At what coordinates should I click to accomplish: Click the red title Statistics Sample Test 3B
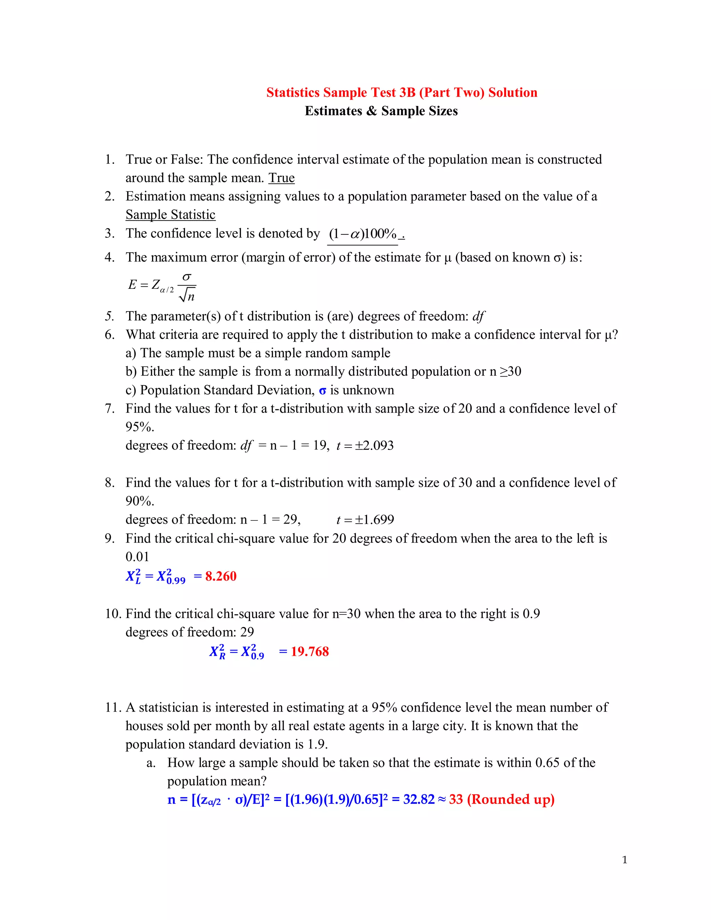point(401,92)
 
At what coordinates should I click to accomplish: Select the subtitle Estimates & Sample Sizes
point(381,111)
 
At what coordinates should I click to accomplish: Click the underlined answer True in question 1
point(281,178)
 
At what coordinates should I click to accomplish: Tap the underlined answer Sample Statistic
point(170,215)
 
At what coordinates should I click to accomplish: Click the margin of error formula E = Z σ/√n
point(162,286)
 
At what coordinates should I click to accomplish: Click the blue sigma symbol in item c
point(322,391)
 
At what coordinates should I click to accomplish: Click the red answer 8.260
point(221,576)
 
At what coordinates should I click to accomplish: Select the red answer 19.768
point(310,651)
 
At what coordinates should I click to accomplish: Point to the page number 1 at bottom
point(624,860)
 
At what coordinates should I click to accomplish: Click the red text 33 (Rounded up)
point(501,799)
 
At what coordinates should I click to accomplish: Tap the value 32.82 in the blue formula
point(418,799)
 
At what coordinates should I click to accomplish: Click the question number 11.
point(112,707)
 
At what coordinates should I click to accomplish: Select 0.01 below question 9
point(137,557)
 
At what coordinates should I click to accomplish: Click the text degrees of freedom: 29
point(190,632)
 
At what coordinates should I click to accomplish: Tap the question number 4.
point(109,257)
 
